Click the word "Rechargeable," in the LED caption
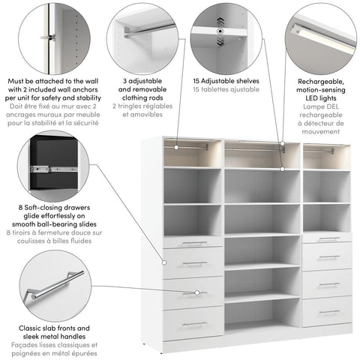(x=319, y=80)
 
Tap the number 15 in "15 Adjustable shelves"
(x=197, y=80)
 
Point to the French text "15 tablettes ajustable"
(x=225, y=90)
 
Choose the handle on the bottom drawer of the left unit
(x=194, y=323)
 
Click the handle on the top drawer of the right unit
(x=329, y=239)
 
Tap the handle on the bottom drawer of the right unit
(x=329, y=311)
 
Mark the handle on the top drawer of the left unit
(x=194, y=243)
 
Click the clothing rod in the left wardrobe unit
(x=191, y=146)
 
